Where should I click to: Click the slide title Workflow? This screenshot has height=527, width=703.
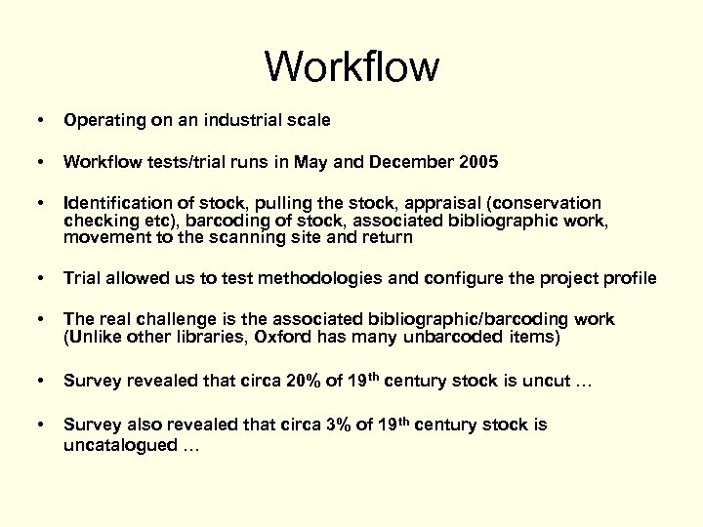(351, 67)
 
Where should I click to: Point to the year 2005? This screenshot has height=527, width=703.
(478, 162)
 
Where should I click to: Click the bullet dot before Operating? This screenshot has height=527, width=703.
(37, 121)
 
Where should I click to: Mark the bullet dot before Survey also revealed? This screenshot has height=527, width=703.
(37, 425)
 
